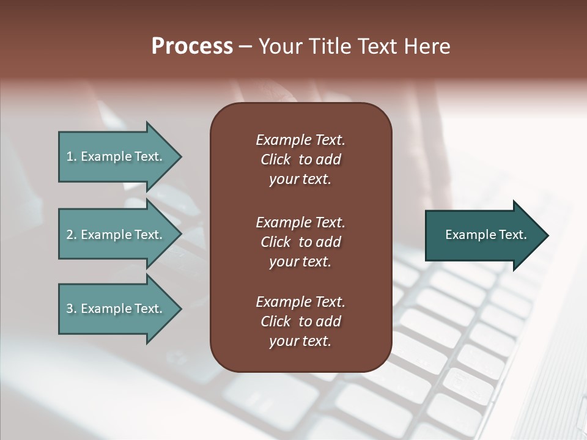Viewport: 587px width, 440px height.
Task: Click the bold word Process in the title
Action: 192,46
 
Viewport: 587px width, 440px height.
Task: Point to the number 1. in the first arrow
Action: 72,156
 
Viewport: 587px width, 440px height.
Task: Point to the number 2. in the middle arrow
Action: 72,235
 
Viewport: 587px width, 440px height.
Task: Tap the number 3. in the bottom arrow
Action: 72,309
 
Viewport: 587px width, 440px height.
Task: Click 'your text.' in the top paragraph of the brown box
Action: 300,180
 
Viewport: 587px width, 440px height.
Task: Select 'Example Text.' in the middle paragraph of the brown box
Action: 300,222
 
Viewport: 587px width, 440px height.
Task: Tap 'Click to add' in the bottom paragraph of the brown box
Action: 300,321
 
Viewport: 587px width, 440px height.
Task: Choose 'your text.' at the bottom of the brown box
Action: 300,341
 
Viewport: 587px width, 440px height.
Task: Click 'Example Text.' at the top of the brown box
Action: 300,140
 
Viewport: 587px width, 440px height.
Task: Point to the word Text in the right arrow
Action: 512,235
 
